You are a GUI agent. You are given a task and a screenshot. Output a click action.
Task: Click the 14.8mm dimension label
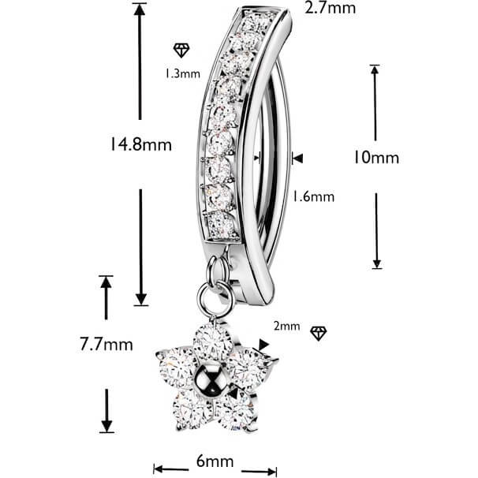coord(140,144)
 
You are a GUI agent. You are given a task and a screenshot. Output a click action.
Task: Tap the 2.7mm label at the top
coord(330,8)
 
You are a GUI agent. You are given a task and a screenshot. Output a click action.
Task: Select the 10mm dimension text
coord(376,158)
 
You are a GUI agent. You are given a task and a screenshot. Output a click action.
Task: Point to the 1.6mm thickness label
coord(313,196)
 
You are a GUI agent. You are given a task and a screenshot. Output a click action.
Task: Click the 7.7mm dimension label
coord(106,345)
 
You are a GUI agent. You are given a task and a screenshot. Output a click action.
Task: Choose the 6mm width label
coord(215,461)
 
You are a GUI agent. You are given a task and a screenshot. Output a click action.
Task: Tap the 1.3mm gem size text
coord(183,74)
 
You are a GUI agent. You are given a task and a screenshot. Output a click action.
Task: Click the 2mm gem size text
coord(286,327)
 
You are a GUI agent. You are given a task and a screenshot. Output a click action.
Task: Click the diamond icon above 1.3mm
coord(181,50)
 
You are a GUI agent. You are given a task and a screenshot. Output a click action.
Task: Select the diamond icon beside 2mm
coord(318,333)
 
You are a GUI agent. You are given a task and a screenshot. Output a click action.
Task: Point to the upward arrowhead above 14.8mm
coord(140,10)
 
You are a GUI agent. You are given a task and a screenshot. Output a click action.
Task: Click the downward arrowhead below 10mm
coord(377,263)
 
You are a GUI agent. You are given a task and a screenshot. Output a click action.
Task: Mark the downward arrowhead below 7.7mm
coord(106,426)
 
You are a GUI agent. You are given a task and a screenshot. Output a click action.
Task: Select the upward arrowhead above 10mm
coord(375,70)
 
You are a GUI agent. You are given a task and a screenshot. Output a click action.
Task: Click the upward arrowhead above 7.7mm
coord(106,282)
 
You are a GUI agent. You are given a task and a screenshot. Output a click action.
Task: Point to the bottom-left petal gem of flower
coord(192,410)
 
